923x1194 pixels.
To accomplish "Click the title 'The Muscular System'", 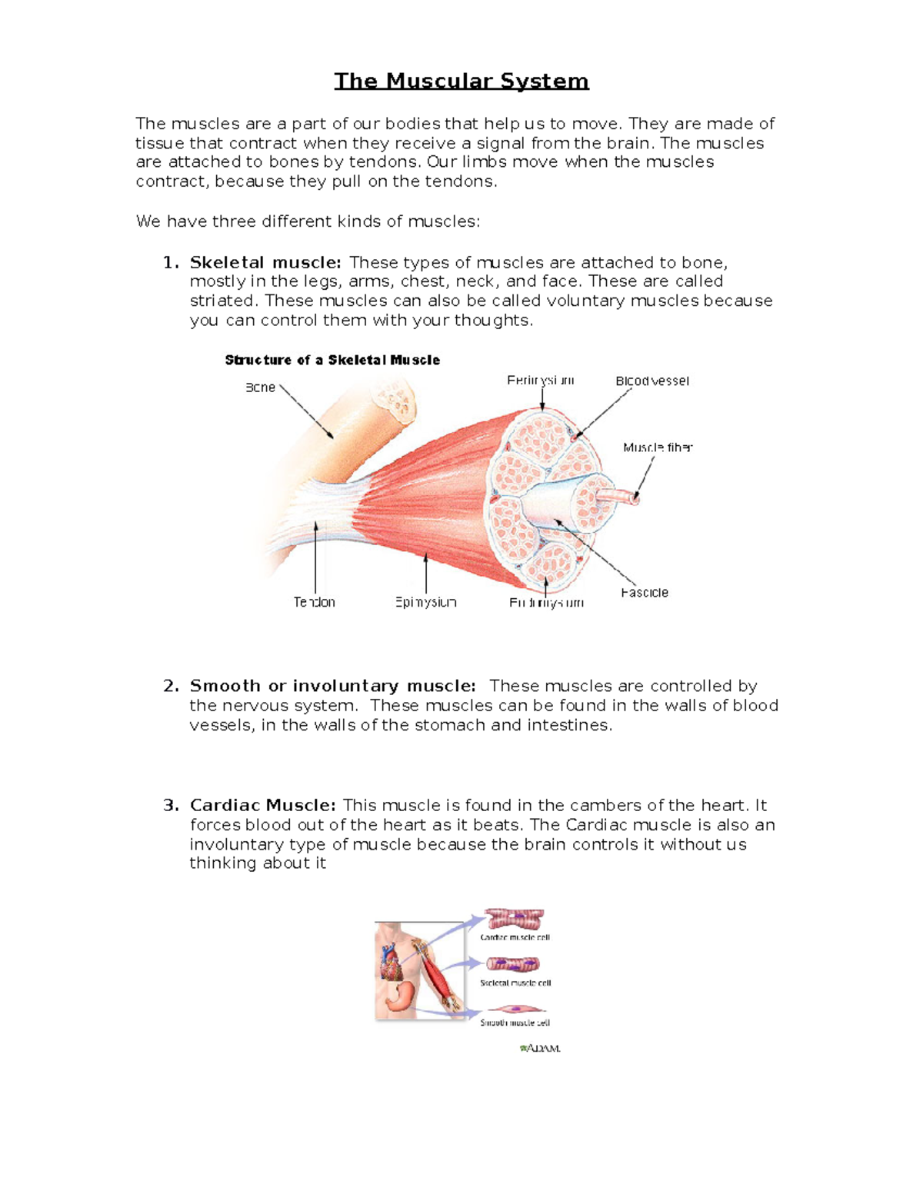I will (461, 81).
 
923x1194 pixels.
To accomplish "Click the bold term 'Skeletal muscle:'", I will (265, 262).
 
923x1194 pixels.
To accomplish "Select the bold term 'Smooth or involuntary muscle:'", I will (332, 686).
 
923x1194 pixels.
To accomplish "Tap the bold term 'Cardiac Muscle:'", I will (262, 805).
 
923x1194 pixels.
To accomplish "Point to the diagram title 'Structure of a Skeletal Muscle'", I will (332, 360).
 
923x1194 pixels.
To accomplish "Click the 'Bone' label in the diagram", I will (260, 387).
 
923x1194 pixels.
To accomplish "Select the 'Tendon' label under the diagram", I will (314, 602).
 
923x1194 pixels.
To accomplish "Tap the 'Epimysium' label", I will (425, 602).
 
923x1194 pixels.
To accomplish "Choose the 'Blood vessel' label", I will (652, 381).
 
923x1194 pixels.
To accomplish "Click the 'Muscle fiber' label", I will (658, 447).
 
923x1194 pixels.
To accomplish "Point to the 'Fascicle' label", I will (644, 593).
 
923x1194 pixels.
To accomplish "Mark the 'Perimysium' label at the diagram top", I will (540, 381).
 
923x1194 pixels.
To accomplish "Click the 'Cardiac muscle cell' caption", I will (515, 937).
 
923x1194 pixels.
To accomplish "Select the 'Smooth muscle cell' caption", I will (515, 1023).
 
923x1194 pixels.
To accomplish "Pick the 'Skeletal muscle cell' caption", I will (515, 983).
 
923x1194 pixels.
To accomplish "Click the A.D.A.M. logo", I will (540, 1048).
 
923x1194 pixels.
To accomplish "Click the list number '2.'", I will (171, 686).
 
